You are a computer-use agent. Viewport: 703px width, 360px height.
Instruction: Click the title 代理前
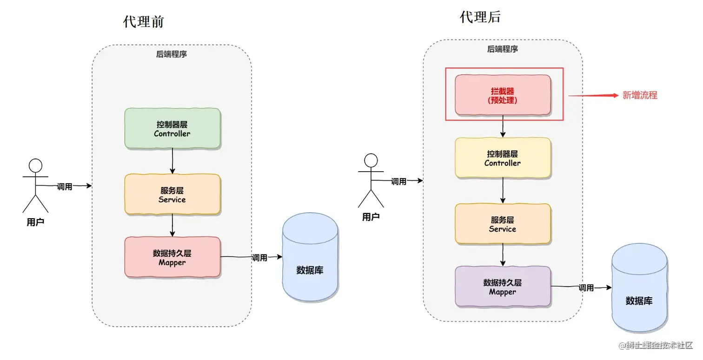point(143,22)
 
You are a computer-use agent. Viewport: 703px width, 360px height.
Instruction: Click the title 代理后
point(480,17)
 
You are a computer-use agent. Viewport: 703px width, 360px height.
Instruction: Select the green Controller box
point(172,128)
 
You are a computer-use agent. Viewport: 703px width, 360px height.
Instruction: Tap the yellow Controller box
point(503,158)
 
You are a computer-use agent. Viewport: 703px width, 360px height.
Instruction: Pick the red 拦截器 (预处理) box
point(503,95)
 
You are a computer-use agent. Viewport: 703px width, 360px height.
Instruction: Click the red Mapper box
point(172,257)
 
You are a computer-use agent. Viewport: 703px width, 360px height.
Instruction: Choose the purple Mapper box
point(503,286)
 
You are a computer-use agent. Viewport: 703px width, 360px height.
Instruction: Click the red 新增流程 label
point(640,95)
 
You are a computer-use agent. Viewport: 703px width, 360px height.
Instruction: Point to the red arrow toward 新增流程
point(593,95)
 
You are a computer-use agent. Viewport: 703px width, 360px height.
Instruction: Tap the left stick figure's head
point(35,166)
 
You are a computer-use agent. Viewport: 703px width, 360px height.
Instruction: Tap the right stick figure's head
point(371,160)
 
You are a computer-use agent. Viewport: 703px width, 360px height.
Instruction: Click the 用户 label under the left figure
point(35,222)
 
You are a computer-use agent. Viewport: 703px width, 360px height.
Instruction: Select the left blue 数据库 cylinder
point(310,257)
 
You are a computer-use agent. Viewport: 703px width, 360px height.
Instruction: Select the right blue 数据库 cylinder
point(639,287)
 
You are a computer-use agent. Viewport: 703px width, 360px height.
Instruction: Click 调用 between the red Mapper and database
point(259,258)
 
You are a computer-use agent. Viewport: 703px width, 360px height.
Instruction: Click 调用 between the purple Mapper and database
point(586,287)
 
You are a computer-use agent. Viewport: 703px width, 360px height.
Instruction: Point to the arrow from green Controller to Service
point(172,161)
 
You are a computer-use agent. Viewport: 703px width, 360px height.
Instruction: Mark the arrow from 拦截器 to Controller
point(503,126)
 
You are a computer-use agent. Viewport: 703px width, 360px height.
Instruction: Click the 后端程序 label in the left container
point(172,54)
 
